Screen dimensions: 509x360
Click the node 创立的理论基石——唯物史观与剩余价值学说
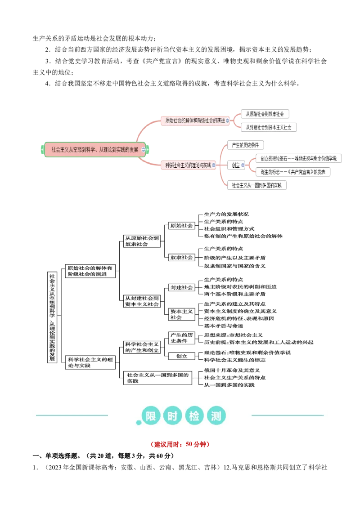(x=299, y=158)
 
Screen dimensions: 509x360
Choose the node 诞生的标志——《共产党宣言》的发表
(x=293, y=172)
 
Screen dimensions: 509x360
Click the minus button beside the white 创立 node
(x=243, y=165)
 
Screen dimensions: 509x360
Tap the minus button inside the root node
(x=144, y=149)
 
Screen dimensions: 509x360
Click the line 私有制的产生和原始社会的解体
(x=243, y=236)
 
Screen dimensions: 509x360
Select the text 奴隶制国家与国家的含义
(x=234, y=265)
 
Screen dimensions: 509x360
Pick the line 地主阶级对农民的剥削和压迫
(x=240, y=286)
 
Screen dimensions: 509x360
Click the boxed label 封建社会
(x=181, y=287)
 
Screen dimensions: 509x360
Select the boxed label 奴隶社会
(x=182, y=257)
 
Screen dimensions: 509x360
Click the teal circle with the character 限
(x=152, y=416)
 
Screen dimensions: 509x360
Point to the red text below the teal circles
(x=180, y=444)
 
